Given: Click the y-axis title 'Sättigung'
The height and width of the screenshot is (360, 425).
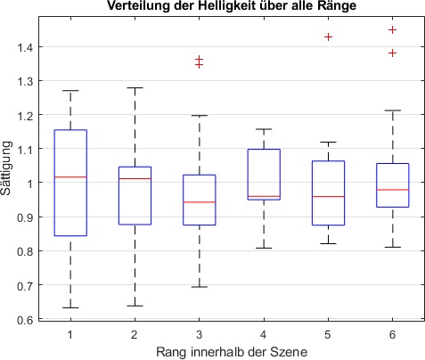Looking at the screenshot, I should point(8,170).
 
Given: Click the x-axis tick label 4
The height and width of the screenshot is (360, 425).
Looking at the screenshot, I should point(265,334).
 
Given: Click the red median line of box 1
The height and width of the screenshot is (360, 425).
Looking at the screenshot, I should point(70,177).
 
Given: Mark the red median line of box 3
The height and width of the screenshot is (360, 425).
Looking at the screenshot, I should point(200,202).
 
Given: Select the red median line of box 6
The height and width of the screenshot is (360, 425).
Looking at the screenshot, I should point(393,190).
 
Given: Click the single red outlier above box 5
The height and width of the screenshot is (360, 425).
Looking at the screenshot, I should point(329,37).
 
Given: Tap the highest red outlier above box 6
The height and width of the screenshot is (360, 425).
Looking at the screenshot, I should point(393,29).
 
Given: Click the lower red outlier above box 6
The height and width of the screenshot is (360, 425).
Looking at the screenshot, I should point(393,53).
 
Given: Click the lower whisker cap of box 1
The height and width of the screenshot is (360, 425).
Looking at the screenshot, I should point(70,307).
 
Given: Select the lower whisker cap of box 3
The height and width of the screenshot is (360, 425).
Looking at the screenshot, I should point(200,287).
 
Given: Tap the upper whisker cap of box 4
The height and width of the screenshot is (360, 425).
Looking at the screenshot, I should point(265,129).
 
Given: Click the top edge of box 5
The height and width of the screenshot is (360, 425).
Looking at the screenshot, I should point(329,161).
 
